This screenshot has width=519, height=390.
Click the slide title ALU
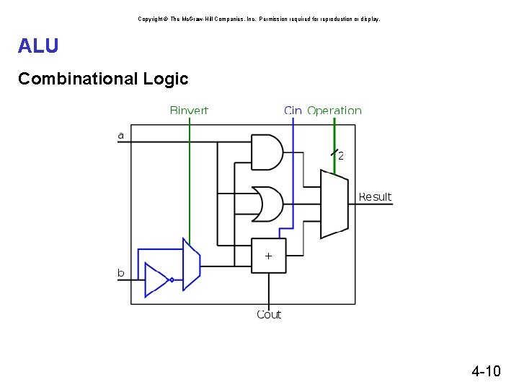click(38, 46)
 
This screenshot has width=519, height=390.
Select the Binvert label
click(189, 110)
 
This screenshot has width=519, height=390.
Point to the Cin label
click(293, 110)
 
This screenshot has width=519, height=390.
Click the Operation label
click(334, 110)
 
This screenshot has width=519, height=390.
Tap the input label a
click(120, 135)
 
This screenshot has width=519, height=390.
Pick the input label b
click(121, 273)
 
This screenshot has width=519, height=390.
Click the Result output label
click(375, 196)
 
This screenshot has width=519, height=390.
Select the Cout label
click(269, 314)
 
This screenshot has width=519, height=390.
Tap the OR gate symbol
click(267, 204)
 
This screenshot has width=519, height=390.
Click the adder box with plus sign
click(268, 256)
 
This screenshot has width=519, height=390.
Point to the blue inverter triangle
click(156, 279)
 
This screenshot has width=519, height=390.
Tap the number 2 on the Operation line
click(341, 155)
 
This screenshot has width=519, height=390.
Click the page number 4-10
click(485, 372)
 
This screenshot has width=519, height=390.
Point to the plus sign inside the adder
click(268, 256)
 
